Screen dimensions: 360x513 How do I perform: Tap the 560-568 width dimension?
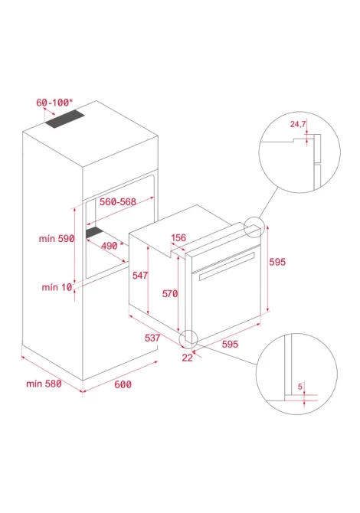(118, 202)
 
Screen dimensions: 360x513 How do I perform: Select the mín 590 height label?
(57, 238)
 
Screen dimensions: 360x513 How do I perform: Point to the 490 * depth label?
(113, 245)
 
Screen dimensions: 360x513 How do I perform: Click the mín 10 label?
(57, 287)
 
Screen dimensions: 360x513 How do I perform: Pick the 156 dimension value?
(178, 238)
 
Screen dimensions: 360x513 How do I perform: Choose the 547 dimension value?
(139, 276)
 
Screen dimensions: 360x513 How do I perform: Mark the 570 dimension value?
(170, 294)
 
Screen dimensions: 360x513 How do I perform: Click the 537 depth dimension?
(152, 338)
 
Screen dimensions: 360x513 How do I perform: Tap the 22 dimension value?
(187, 358)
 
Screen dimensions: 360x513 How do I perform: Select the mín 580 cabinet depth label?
(44, 384)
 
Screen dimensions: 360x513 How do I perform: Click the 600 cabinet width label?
(123, 384)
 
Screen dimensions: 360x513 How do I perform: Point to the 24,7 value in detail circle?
(298, 124)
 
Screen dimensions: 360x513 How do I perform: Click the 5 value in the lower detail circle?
(300, 387)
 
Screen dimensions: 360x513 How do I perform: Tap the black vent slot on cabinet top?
(65, 119)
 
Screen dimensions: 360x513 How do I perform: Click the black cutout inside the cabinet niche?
(94, 232)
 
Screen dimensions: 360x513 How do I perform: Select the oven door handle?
(227, 266)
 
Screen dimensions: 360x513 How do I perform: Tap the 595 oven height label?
(277, 262)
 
